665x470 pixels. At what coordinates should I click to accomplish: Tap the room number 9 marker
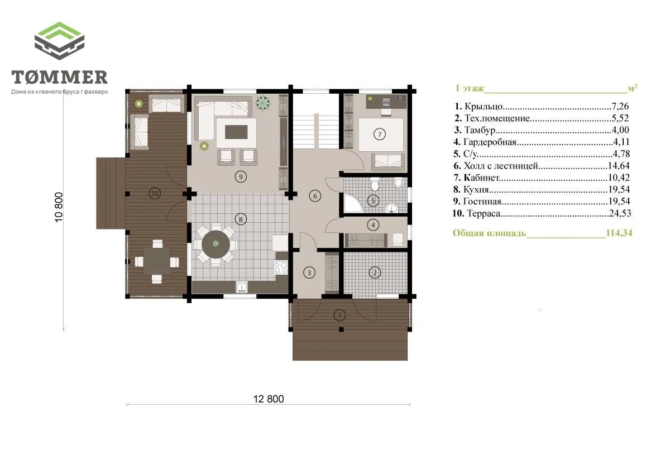coord(241,176)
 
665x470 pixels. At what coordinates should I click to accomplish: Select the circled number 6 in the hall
coord(315,196)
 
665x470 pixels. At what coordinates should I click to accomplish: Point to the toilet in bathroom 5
coord(375,184)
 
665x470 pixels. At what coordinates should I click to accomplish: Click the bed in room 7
coord(381,135)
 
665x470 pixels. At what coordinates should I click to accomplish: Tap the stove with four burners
coord(280,267)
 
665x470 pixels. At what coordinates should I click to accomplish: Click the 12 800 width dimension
coord(269,399)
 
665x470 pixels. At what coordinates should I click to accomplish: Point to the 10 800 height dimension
coord(59,207)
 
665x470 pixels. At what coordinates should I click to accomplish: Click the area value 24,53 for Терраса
coord(620,213)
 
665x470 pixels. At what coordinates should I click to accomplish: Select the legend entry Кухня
coord(476,189)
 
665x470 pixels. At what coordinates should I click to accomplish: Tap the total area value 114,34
coord(619,233)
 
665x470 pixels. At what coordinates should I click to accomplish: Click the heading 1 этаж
coord(469,88)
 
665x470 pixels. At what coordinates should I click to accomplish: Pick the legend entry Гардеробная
coord(490,142)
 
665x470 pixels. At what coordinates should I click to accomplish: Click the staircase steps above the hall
coord(317,131)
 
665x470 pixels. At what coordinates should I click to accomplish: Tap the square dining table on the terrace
coord(157,261)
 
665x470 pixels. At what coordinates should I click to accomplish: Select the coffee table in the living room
coord(236,132)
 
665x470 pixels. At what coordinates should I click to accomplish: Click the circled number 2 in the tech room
coord(375,272)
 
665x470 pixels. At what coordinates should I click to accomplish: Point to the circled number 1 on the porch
coord(339,315)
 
